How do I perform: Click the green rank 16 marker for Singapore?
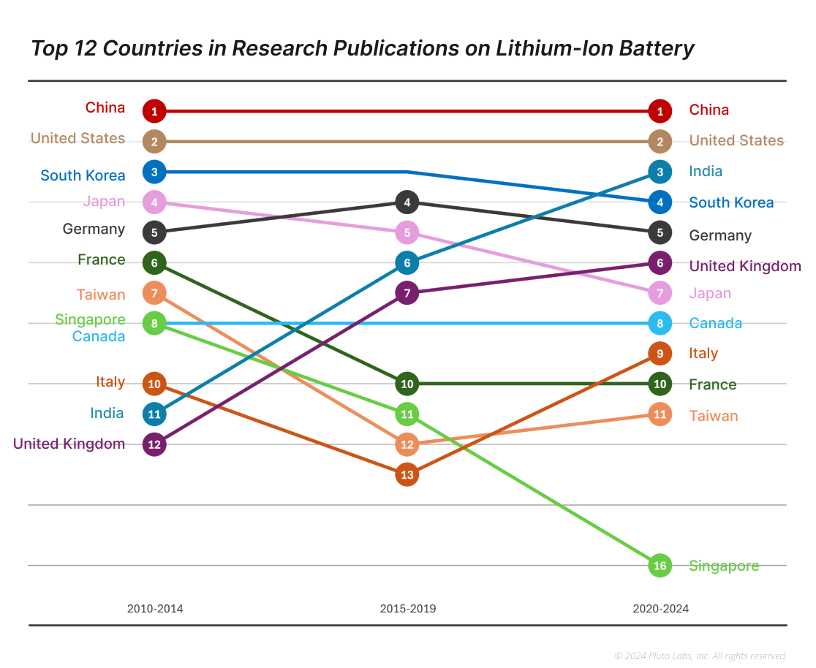(660, 566)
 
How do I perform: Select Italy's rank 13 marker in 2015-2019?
(407, 475)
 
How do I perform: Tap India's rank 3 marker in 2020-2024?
(660, 172)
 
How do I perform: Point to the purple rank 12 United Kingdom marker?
(154, 444)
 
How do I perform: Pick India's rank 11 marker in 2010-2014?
(154, 414)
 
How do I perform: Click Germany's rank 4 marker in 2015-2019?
(407, 202)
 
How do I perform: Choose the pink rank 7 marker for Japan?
(660, 293)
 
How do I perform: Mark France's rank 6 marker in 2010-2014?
(154, 262)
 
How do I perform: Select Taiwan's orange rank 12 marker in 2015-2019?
(407, 444)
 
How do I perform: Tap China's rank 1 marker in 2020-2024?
(660, 111)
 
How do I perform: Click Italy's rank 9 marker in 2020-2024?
(660, 354)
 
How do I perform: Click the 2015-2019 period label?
(407, 609)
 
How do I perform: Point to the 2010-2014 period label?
(155, 609)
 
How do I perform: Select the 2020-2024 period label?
(660, 609)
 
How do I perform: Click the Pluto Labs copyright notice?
(700, 656)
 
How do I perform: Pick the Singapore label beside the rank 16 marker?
(724, 566)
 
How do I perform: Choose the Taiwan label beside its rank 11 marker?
(713, 416)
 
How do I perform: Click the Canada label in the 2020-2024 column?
(715, 323)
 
